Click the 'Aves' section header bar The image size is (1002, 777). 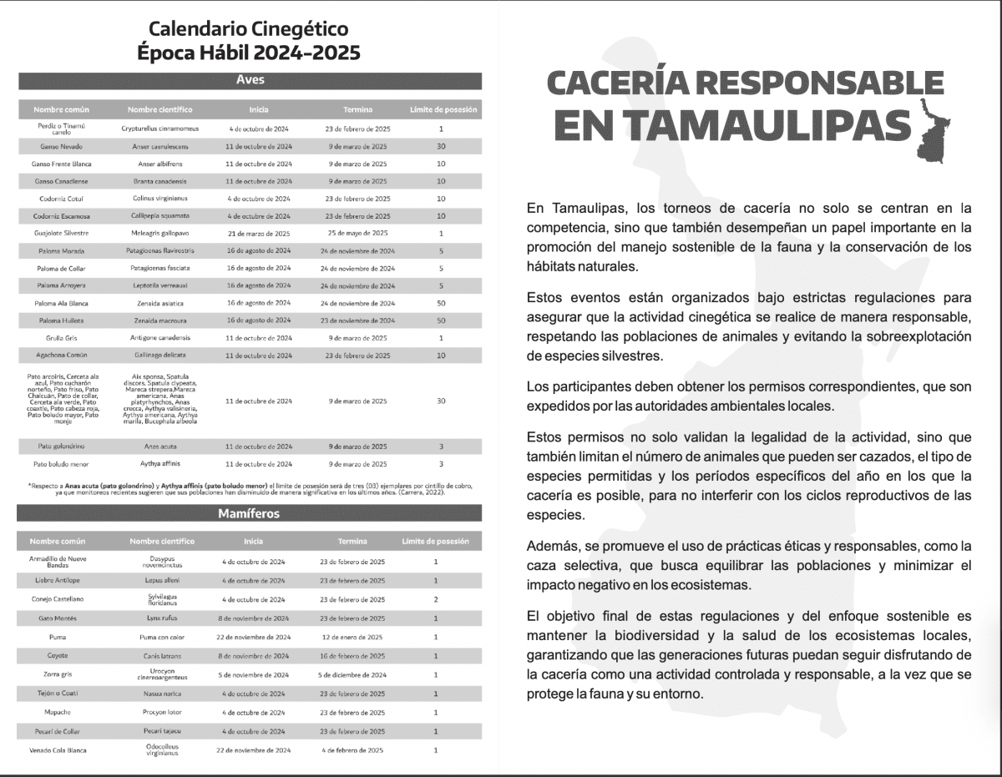(250, 81)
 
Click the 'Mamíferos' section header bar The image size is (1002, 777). (250, 513)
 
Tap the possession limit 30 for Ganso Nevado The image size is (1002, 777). (440, 146)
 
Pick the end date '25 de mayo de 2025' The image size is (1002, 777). (357, 233)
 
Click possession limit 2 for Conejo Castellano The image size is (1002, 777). (436, 599)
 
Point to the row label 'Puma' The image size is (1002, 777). (58, 637)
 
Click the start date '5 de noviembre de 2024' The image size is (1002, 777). (255, 674)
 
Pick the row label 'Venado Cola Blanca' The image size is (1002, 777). (58, 750)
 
